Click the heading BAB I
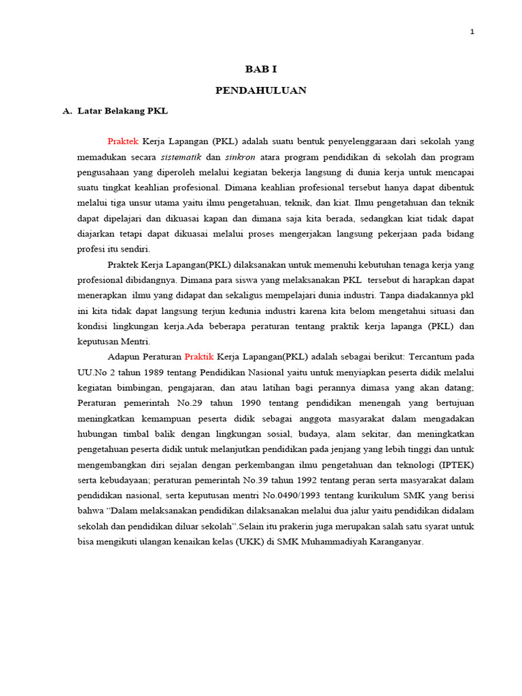pyautogui.click(x=261, y=69)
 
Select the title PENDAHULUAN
pyautogui.click(x=261, y=90)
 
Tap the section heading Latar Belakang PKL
pyautogui.click(x=122, y=110)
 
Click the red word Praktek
pyautogui.click(x=123, y=141)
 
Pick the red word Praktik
pyautogui.click(x=199, y=356)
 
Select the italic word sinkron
pyautogui.click(x=237, y=156)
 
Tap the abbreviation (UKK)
pyautogui.click(x=237, y=542)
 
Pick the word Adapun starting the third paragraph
pyautogui.click(x=124, y=356)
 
